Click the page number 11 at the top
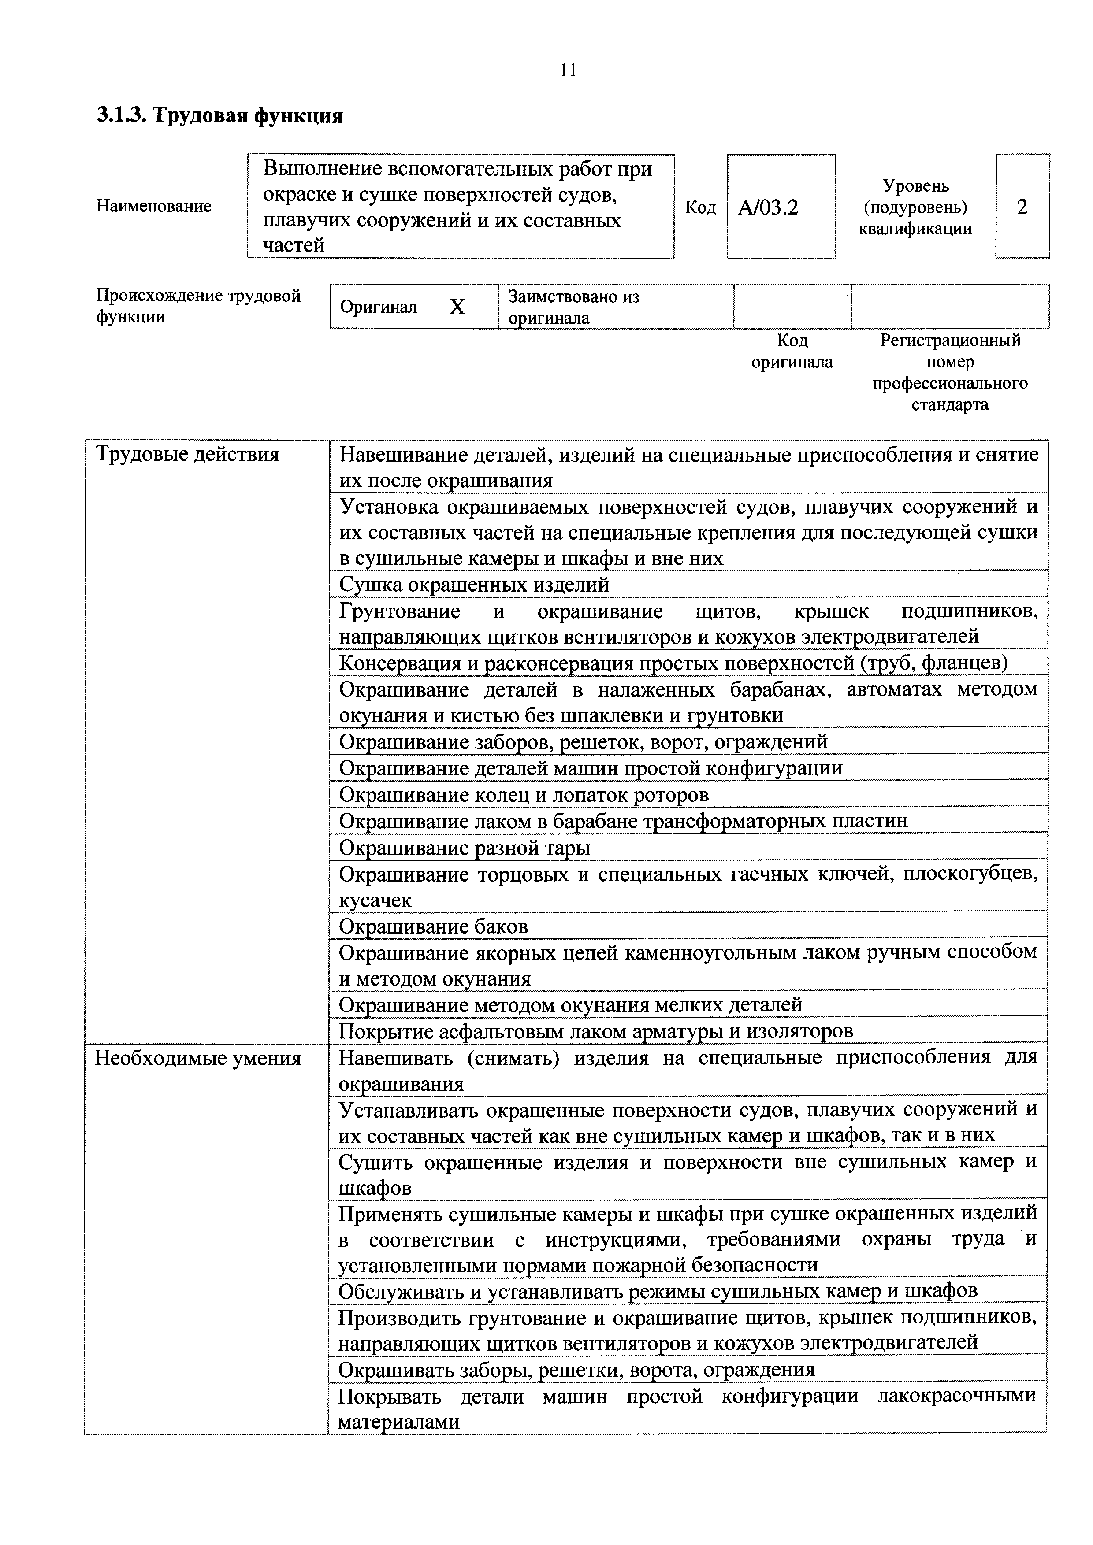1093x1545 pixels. (568, 70)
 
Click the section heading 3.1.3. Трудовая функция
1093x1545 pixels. (219, 116)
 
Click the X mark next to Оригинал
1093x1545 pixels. (457, 308)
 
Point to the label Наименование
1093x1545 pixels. (154, 206)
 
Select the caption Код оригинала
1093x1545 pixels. (792, 351)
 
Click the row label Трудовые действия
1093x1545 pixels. (187, 455)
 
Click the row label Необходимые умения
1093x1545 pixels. (198, 1059)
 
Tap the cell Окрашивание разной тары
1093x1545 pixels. (465, 848)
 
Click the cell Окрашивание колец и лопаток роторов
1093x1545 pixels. (524, 795)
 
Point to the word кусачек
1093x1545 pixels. (375, 900)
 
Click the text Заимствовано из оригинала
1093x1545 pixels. (573, 308)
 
